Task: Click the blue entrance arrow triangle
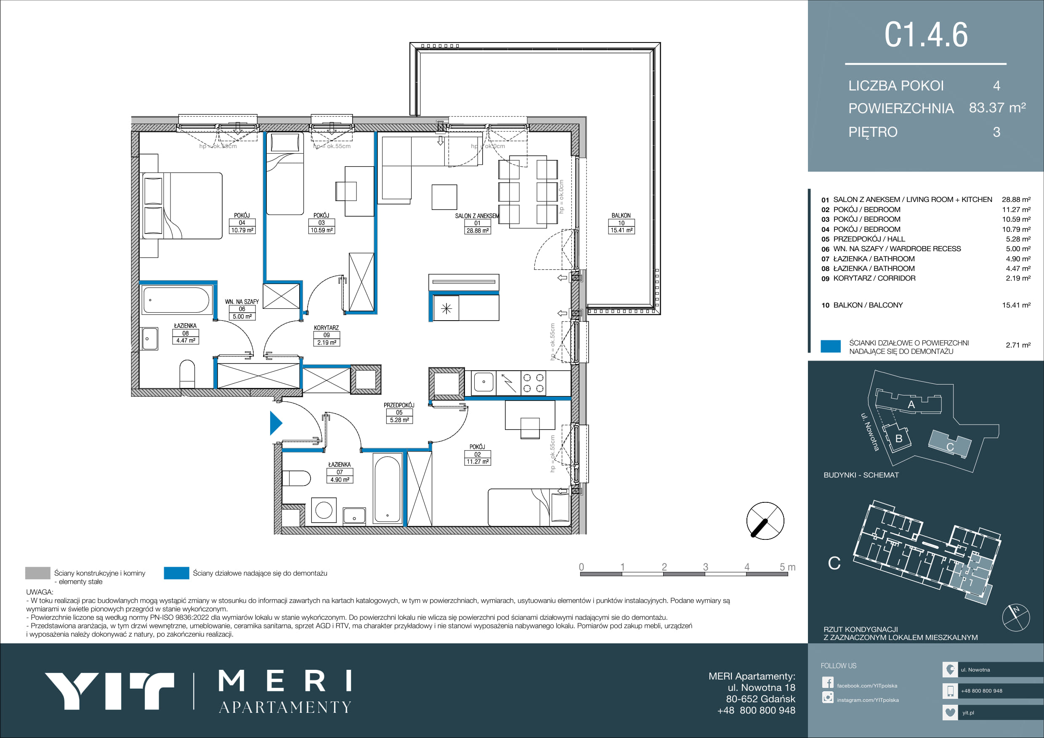point(275,423)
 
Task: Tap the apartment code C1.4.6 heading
point(926,35)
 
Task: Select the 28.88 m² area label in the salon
point(478,231)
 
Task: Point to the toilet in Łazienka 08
point(187,374)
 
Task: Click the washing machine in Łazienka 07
point(324,510)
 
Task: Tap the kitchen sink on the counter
point(484,382)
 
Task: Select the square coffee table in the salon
point(444,197)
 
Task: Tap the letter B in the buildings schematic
point(898,439)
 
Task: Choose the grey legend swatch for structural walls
point(38,573)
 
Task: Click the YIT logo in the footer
point(109,691)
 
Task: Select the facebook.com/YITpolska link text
point(867,686)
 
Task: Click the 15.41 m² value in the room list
point(1016,305)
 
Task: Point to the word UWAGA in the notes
point(40,592)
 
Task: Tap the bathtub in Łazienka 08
point(176,300)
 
